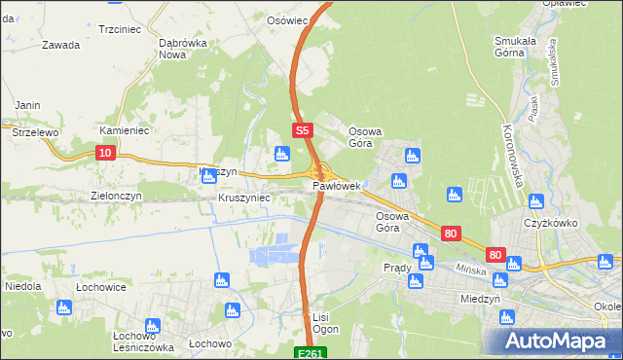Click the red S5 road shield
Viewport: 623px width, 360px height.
click(302, 129)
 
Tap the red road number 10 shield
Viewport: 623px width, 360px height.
click(106, 152)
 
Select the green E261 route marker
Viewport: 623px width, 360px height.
click(310, 352)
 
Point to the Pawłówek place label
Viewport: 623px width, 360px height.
click(337, 185)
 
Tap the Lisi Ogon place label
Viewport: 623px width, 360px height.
click(325, 324)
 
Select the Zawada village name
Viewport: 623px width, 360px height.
click(61, 45)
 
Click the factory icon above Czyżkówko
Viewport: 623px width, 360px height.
click(534, 201)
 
